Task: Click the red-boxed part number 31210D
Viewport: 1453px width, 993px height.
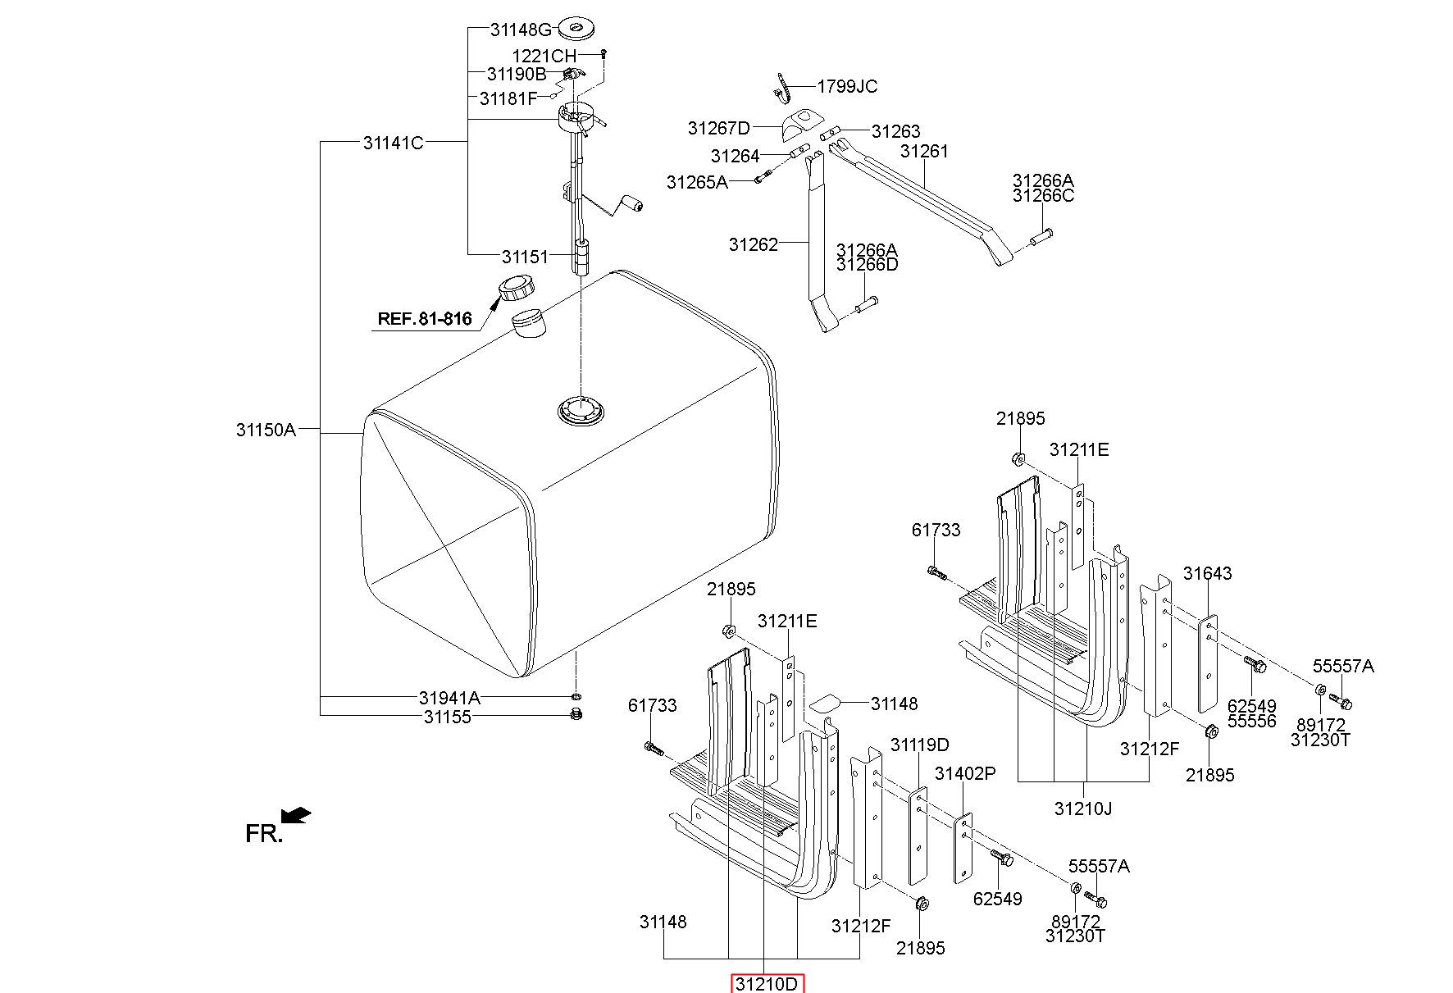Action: tap(767, 984)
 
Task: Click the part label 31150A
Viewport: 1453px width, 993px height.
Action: tap(266, 430)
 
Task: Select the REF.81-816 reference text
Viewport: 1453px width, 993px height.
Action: tap(425, 319)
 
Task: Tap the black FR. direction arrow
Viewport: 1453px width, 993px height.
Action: tap(296, 815)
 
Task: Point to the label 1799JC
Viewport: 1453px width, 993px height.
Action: tap(847, 87)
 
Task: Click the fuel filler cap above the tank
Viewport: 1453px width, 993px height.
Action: tap(517, 289)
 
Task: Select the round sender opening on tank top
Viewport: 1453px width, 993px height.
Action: tap(581, 410)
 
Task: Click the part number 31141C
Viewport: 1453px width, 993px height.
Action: tap(394, 143)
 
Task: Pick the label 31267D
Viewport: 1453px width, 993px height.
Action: tap(719, 128)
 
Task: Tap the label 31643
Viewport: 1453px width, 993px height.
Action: tap(1207, 573)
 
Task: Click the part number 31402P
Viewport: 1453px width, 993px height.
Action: tap(965, 773)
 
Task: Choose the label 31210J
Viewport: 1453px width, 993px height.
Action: tap(1083, 809)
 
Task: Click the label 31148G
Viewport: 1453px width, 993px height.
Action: tap(522, 30)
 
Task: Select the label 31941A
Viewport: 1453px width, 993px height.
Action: tap(449, 699)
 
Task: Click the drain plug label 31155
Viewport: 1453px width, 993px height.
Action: tap(448, 717)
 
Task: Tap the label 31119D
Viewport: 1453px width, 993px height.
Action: tap(920, 745)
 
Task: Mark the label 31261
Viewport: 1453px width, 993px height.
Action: tap(924, 152)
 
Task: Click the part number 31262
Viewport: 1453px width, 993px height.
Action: tap(754, 244)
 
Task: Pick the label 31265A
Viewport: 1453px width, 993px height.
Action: tap(697, 182)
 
